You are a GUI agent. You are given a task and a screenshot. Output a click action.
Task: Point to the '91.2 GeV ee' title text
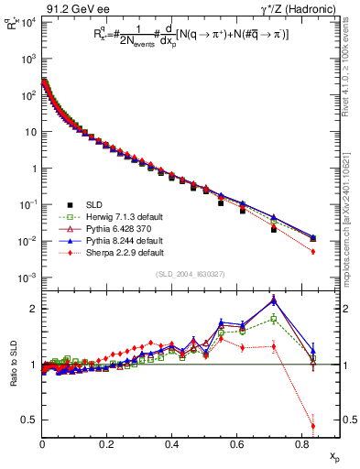pyautogui.click(x=69, y=7)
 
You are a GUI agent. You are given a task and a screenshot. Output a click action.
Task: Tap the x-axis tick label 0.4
pyautogui.click(x=172, y=443)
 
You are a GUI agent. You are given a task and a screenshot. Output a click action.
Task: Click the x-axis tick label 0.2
pyautogui.click(x=107, y=443)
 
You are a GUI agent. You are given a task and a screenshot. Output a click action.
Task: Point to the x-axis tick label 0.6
pyautogui.click(x=236, y=443)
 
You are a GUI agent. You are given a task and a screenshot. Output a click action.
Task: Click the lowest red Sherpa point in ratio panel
pyautogui.click(x=313, y=425)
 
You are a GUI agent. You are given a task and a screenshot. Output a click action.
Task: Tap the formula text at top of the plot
pyautogui.click(x=183, y=35)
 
